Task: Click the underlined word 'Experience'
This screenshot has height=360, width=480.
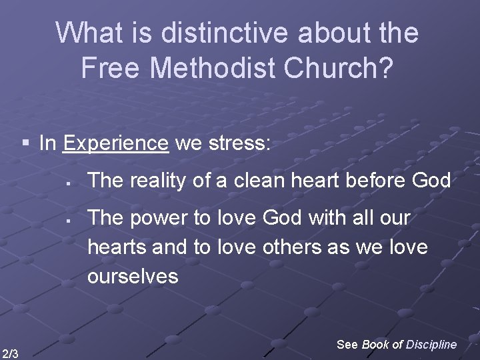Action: click(x=116, y=143)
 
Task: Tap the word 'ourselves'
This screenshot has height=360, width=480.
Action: click(x=133, y=276)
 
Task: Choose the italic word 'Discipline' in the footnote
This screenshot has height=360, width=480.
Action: click(x=431, y=344)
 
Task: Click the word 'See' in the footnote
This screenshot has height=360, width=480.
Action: click(x=347, y=344)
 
